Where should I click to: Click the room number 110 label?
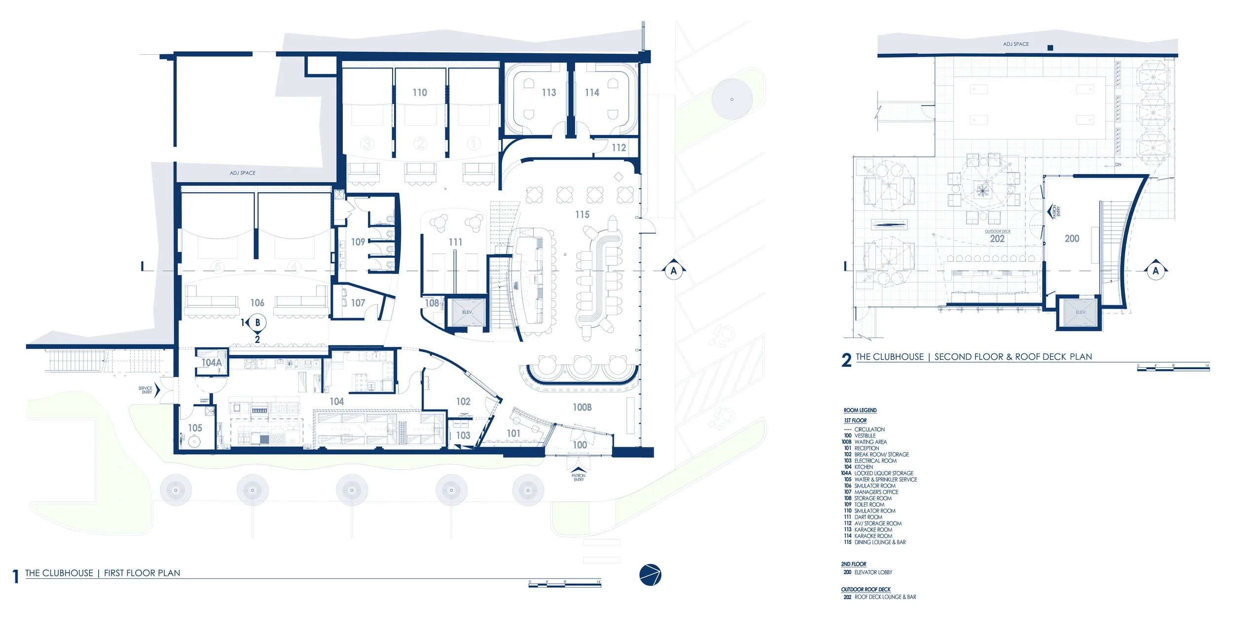(x=420, y=93)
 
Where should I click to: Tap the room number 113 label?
(x=549, y=93)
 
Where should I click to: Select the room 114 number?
(x=592, y=93)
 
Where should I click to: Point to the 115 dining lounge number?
(x=582, y=215)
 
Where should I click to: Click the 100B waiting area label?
(x=582, y=408)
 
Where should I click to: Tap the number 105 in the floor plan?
(x=195, y=428)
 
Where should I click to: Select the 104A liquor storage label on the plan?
(x=211, y=363)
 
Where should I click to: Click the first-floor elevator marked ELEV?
(x=467, y=312)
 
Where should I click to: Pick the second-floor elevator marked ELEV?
(x=1081, y=312)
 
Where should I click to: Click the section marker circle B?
(x=257, y=323)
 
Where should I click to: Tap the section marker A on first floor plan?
(x=674, y=271)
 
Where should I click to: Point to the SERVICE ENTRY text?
(x=145, y=390)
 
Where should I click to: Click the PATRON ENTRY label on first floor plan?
(x=579, y=478)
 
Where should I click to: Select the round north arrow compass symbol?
(x=650, y=575)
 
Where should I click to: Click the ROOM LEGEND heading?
(x=860, y=411)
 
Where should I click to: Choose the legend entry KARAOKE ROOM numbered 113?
(x=873, y=530)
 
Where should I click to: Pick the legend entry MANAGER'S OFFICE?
(x=876, y=492)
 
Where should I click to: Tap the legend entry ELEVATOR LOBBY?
(x=873, y=572)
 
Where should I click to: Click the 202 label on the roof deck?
(x=997, y=239)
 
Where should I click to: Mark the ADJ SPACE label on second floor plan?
(x=1016, y=44)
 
